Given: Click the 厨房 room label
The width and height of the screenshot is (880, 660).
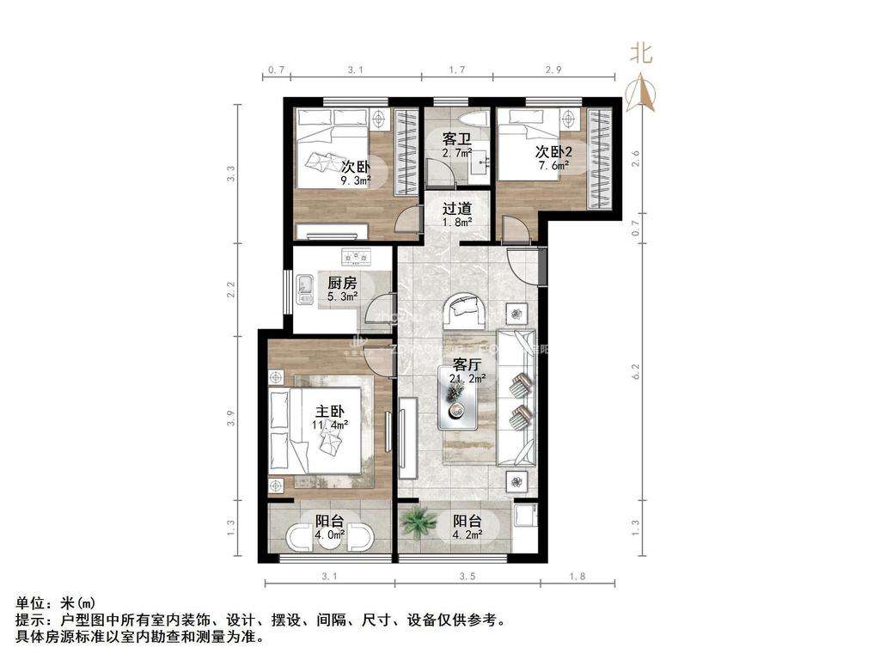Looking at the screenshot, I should [341, 282].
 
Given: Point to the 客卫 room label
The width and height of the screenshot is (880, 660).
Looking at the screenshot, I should [456, 138].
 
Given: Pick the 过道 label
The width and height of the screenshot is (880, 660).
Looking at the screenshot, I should [456, 208].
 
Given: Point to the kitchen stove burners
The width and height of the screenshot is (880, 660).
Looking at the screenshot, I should [355, 256].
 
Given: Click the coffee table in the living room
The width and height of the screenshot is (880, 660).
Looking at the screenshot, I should [457, 404].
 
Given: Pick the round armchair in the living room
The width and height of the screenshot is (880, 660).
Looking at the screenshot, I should [466, 309].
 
